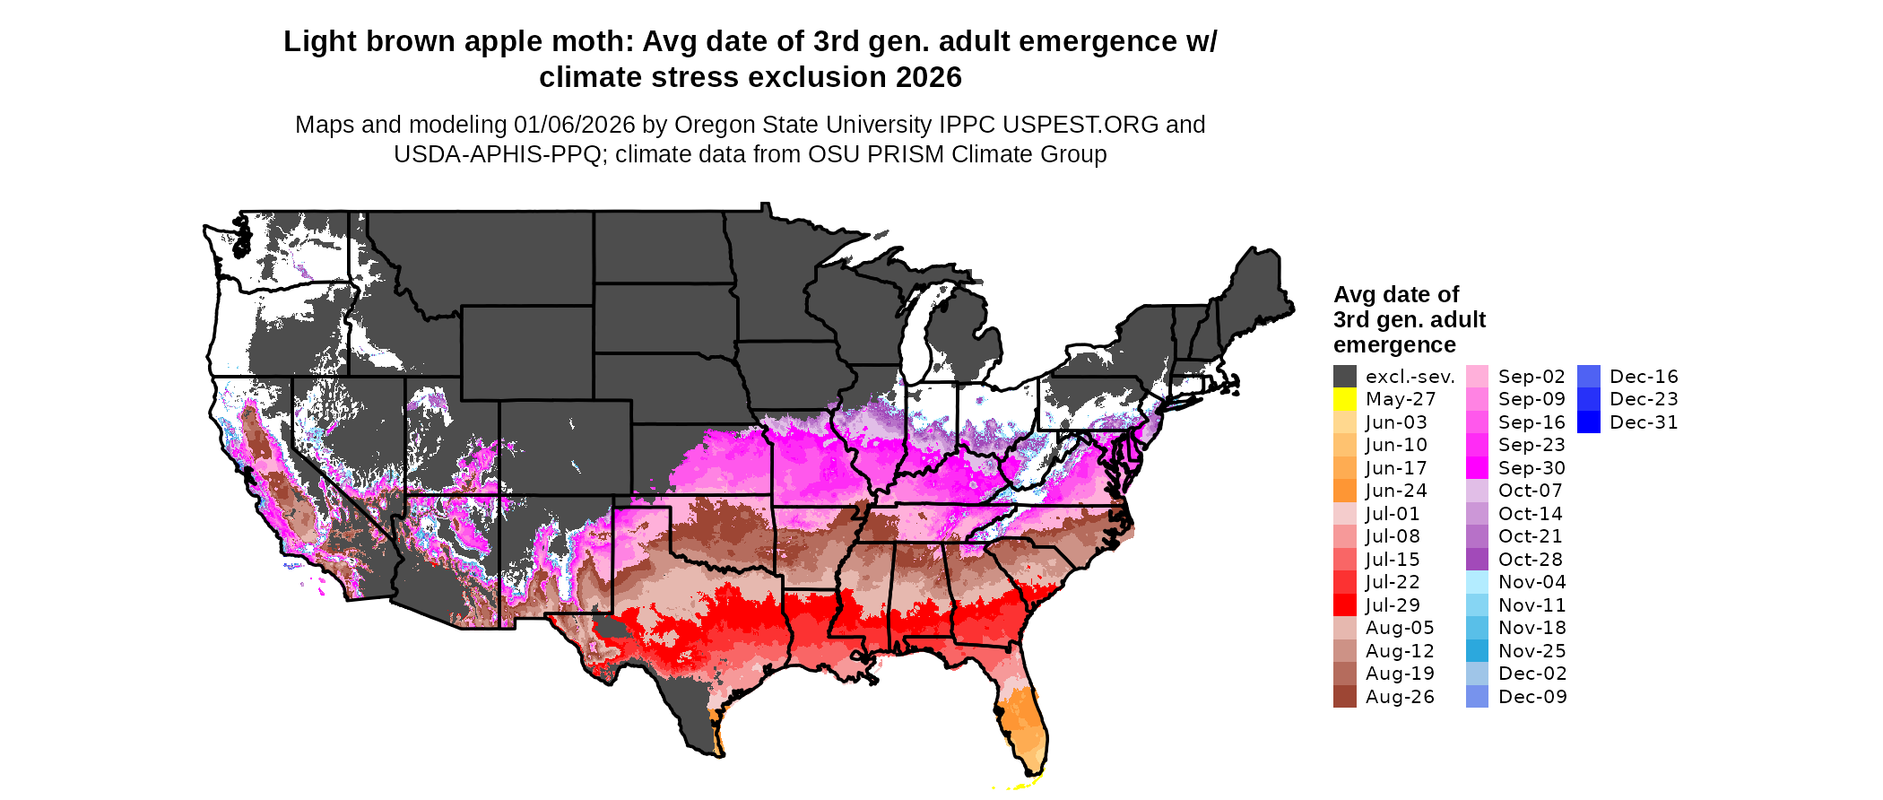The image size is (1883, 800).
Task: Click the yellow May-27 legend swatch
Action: click(x=1344, y=399)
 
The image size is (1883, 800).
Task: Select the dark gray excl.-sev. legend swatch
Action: click(x=1344, y=377)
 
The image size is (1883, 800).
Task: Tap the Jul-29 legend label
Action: click(x=1393, y=605)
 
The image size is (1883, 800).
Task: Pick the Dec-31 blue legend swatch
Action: click(x=1588, y=422)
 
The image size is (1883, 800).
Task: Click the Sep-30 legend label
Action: click(x=1532, y=468)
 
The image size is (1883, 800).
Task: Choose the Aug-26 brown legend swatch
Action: click(x=1344, y=697)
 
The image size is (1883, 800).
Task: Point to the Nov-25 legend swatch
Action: click(x=1477, y=651)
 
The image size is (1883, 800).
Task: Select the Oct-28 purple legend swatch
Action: click(x=1477, y=560)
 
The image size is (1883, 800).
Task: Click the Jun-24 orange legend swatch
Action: click(x=1344, y=491)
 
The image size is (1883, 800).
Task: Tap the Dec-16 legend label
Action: click(x=1644, y=377)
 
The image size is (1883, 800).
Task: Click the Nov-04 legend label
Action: click(x=1532, y=582)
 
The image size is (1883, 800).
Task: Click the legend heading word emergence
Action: click(x=1393, y=345)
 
